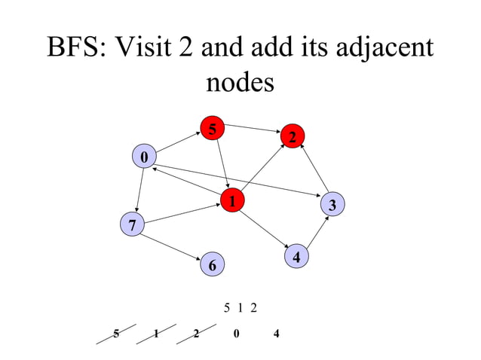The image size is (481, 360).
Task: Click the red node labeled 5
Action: [213, 130]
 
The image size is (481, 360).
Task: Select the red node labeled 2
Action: [293, 136]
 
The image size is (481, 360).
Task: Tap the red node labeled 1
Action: [233, 201]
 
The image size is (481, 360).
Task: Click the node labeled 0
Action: [143, 157]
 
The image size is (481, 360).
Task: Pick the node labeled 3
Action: [332, 204]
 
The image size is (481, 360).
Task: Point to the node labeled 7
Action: [132, 224]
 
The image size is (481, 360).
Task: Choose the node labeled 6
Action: [212, 265]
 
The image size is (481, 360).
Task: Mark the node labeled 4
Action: [297, 257]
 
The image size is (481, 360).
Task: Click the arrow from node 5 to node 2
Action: [253, 130]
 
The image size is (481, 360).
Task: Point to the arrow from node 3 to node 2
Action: [314, 169]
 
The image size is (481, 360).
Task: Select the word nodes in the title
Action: [240, 82]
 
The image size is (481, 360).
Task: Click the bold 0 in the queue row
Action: [237, 334]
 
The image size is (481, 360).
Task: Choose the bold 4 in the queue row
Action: [277, 334]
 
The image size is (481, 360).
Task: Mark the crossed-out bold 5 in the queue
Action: [115, 334]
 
